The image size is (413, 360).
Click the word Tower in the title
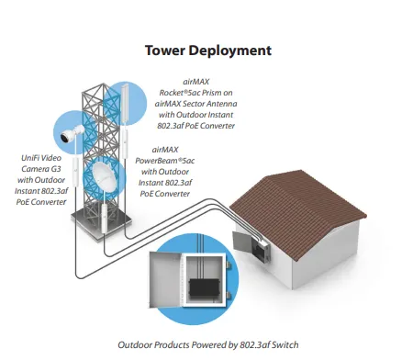(164, 51)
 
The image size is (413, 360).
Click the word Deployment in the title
(230, 51)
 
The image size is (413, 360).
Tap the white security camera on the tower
(73, 133)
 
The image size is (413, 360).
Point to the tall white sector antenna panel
(125, 104)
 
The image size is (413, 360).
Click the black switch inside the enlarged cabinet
(204, 288)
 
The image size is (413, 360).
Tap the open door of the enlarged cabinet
(165, 279)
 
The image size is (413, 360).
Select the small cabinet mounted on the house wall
(260, 250)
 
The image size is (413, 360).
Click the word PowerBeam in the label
(156, 161)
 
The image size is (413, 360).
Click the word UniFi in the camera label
(30, 158)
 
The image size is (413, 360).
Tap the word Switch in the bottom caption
(285, 345)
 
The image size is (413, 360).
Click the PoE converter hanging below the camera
(75, 172)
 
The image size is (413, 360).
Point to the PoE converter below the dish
(105, 219)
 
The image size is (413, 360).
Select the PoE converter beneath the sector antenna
(125, 144)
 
